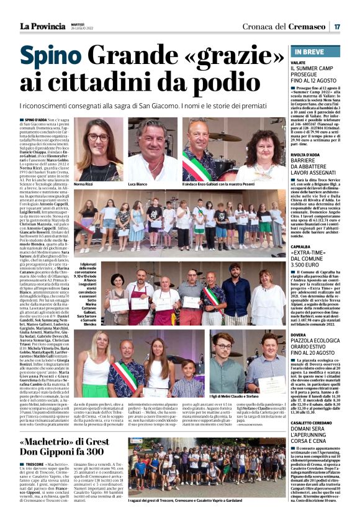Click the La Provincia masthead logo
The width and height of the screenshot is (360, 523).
coord(42,26)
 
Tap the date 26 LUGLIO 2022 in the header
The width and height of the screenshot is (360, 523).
coord(81,28)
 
